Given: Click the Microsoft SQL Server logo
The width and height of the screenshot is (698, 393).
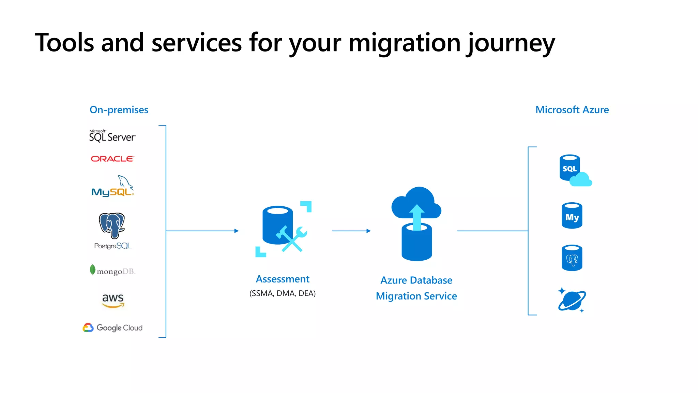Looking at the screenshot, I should (112, 136).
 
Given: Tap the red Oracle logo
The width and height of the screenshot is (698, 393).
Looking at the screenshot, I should (112, 159).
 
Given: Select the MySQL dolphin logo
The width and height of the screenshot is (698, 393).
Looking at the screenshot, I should (112, 186).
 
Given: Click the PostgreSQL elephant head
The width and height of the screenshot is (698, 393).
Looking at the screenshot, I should (112, 225).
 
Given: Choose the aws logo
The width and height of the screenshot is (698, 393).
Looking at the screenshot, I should (113, 300).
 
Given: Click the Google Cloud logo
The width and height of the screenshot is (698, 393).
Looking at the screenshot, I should (113, 327).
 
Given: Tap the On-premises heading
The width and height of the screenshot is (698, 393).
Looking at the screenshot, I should (119, 110).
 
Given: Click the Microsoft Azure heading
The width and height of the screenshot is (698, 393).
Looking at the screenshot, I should (572, 110).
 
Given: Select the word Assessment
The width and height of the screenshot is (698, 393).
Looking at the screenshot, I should (283, 279).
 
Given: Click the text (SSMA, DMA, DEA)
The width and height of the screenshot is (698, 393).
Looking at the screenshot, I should (283, 293).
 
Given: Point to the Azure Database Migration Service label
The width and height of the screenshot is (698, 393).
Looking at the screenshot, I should (416, 288).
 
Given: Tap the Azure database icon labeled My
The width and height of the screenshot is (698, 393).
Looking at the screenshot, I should (572, 216).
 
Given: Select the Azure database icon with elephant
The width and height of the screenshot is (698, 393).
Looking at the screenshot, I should (572, 258).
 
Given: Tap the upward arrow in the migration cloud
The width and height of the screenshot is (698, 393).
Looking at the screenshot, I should (416, 216).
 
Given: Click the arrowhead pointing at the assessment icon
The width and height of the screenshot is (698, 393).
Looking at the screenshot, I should (236, 231).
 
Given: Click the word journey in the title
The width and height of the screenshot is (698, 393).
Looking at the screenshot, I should (511, 43).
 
